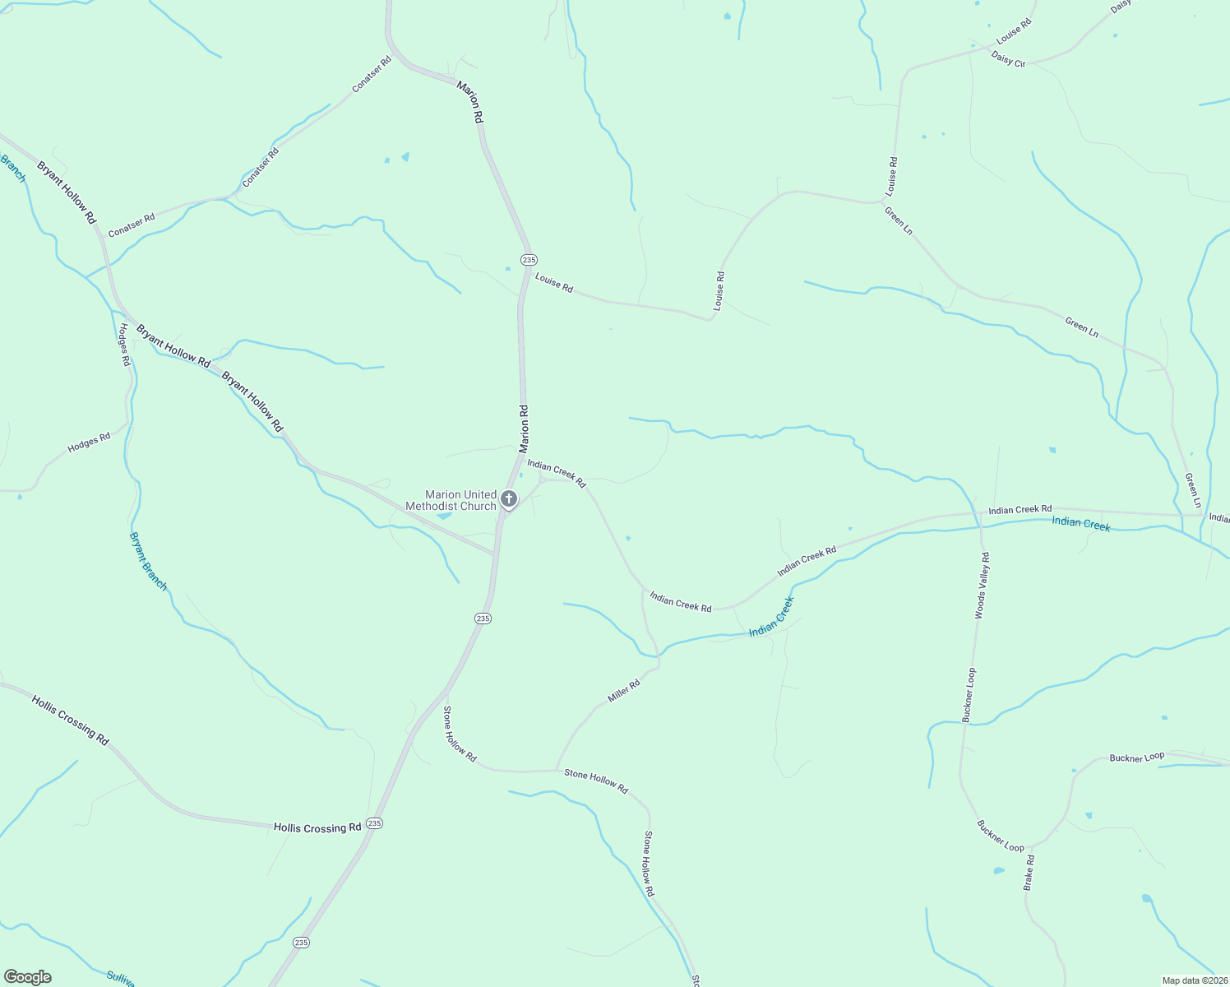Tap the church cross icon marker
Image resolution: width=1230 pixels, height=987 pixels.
(509, 498)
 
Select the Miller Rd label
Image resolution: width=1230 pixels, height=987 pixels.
(623, 691)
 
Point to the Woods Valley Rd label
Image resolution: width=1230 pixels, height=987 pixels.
(982, 585)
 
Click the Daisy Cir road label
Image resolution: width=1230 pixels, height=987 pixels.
(1008, 58)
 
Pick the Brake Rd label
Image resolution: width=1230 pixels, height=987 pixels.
(1029, 872)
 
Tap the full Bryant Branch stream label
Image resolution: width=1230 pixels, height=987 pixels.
(148, 561)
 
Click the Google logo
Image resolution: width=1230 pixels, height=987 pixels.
(27, 977)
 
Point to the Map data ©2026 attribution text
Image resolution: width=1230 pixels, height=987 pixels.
(1194, 980)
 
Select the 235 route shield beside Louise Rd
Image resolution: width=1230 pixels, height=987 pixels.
(529, 259)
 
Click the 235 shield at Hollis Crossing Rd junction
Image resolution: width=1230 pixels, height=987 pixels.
(375, 822)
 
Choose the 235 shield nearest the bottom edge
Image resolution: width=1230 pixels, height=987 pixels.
(302, 943)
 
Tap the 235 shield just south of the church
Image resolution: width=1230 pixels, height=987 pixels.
(483, 618)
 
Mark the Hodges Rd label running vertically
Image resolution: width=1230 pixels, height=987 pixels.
(124, 344)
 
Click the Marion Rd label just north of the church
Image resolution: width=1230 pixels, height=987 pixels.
(523, 429)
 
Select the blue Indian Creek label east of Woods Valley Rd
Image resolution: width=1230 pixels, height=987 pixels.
(1081, 524)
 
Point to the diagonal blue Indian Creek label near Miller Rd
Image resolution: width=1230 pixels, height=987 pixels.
(771, 617)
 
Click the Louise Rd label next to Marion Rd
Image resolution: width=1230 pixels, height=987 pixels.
(554, 283)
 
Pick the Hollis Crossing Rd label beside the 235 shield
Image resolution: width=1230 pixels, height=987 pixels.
(317, 827)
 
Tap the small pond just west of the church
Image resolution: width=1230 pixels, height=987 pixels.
(443, 516)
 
